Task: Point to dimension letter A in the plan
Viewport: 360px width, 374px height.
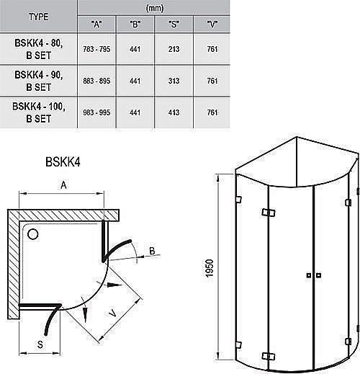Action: [63, 185]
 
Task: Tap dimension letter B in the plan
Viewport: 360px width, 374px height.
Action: [152, 250]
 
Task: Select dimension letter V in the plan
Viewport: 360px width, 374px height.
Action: [112, 314]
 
